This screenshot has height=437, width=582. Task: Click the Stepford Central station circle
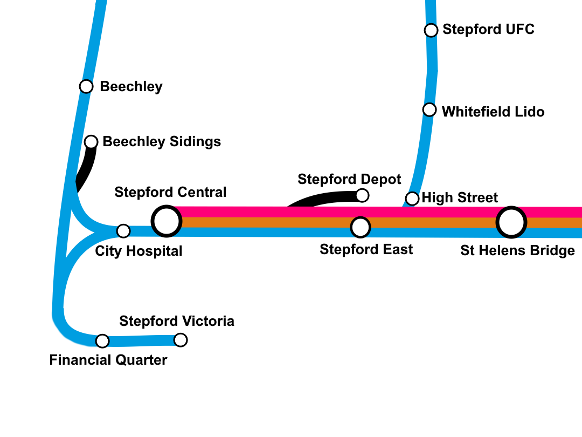click(167, 221)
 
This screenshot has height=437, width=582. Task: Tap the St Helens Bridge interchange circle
click(511, 222)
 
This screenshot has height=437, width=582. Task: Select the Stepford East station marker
click(361, 227)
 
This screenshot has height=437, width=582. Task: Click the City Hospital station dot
click(123, 231)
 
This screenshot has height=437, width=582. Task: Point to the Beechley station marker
click(86, 86)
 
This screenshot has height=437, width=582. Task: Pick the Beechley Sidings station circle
click(92, 142)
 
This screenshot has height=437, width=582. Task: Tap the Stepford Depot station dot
click(363, 195)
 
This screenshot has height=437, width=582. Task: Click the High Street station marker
click(412, 199)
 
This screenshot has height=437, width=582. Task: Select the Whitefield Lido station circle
click(429, 110)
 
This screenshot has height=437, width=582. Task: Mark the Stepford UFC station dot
click(431, 30)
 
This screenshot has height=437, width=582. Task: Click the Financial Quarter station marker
click(102, 341)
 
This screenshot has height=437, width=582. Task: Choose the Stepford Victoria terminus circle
click(181, 340)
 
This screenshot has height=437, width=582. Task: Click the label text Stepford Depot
click(349, 179)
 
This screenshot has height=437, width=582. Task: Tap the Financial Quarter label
click(108, 360)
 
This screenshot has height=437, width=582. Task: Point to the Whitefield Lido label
click(493, 112)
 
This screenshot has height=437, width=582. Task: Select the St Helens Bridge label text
click(517, 251)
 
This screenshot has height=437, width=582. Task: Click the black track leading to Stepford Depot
click(318, 199)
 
